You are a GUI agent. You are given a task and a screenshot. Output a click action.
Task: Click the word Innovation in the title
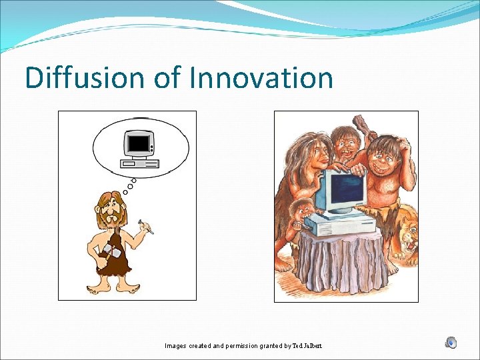tap(261, 78)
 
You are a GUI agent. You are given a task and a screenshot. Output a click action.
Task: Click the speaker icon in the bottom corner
tap(451, 343)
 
